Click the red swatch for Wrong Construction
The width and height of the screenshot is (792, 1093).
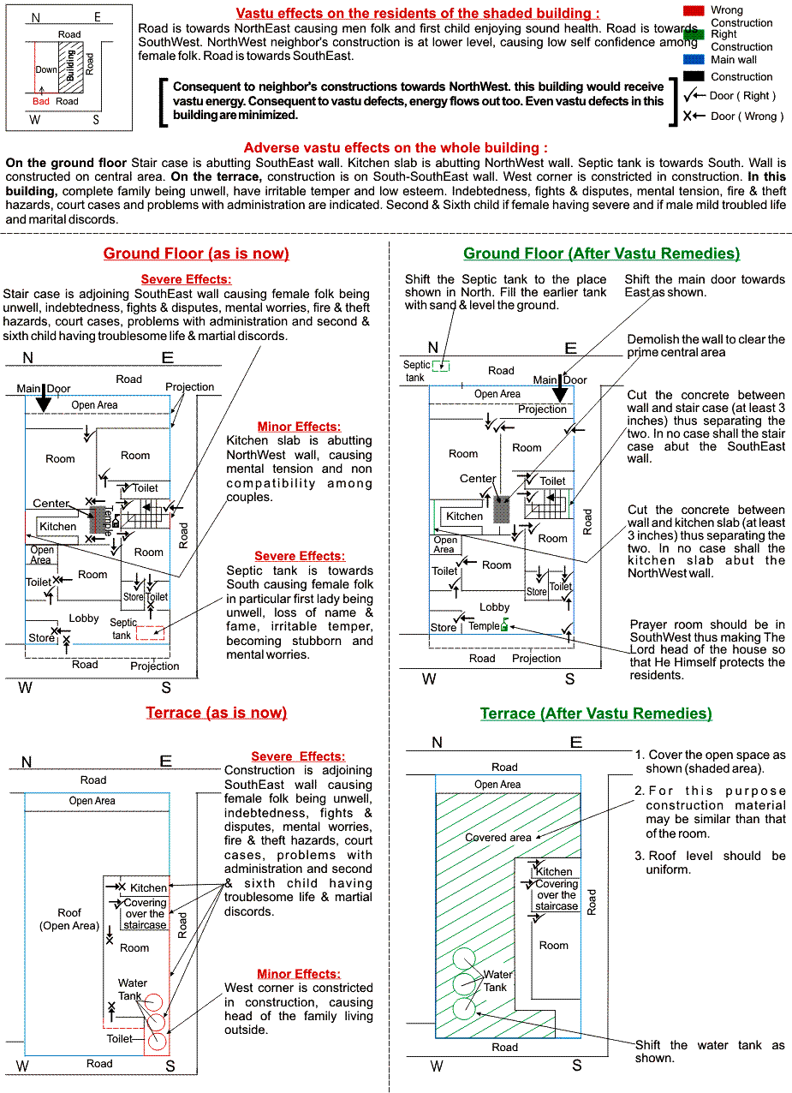694,10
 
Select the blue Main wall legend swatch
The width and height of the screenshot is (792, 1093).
694,60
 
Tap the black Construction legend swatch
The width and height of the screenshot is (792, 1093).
694,76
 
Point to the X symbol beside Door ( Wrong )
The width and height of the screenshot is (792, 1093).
688,116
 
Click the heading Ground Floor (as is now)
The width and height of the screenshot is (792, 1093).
196,254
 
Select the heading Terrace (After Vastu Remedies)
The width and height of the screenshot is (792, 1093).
596,714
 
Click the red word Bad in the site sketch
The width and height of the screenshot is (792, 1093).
41,101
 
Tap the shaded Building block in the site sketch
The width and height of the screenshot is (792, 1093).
70,66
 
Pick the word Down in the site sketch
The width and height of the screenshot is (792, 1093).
46,69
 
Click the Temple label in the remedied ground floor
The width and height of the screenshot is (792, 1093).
483,626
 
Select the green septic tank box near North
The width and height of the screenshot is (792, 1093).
441,367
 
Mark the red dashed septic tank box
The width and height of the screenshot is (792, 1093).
151,633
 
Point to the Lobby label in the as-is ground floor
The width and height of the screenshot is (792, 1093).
84,618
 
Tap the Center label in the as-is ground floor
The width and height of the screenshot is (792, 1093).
51,504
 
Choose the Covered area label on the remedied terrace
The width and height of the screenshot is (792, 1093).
497,837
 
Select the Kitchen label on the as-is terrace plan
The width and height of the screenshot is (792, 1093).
149,887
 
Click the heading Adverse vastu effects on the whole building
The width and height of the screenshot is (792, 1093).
396,148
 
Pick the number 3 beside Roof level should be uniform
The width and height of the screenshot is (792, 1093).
639,856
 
